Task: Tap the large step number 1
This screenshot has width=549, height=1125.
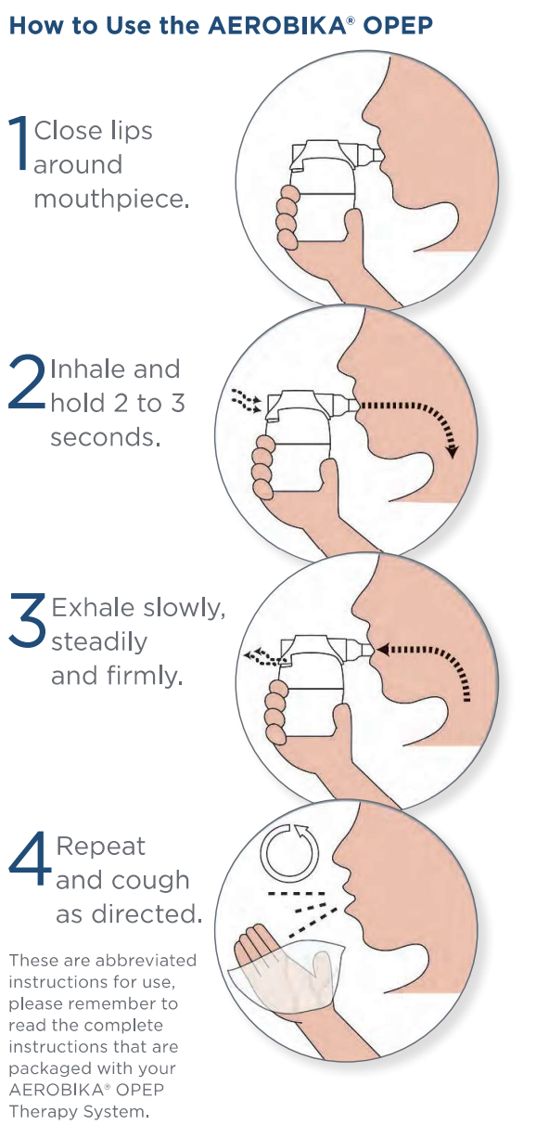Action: click(x=19, y=143)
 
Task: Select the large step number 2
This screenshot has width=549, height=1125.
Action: click(x=26, y=381)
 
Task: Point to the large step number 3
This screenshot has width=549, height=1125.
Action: click(x=27, y=620)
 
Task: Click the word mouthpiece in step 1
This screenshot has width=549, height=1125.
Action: click(x=111, y=200)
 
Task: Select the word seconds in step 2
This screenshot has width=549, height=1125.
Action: click(x=106, y=437)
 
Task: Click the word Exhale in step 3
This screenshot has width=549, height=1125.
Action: click(x=94, y=607)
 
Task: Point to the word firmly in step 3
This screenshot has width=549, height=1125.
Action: click(x=145, y=676)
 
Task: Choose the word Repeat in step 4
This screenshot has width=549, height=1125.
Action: click(x=101, y=847)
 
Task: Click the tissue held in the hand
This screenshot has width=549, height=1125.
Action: click(x=287, y=975)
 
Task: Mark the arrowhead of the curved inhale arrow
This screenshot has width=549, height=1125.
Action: click(x=453, y=451)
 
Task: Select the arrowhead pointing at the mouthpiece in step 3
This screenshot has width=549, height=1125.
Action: click(x=383, y=650)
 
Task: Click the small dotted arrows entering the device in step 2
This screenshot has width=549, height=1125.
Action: click(x=247, y=400)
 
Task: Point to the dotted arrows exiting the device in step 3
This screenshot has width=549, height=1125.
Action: click(x=261, y=656)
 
